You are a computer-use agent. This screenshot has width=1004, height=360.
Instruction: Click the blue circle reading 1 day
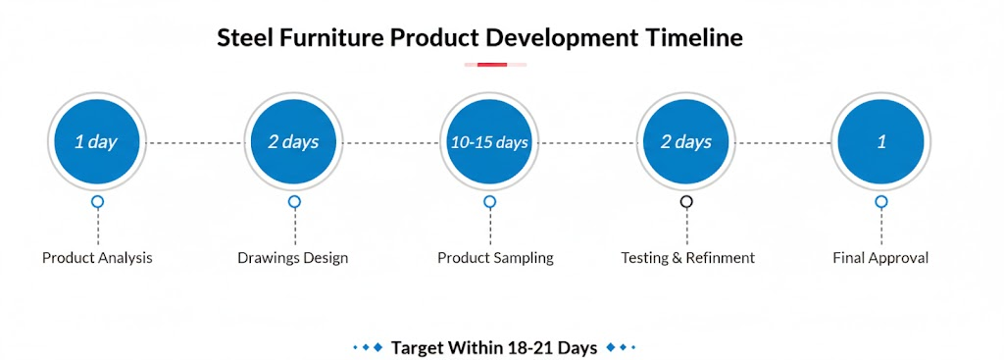pyautogui.click(x=97, y=141)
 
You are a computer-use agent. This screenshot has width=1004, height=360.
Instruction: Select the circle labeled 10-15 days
pyautogui.click(x=490, y=141)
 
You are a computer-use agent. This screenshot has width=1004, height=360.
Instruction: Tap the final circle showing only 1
pyautogui.click(x=881, y=141)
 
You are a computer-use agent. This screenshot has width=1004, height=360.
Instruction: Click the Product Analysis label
pyautogui.click(x=97, y=258)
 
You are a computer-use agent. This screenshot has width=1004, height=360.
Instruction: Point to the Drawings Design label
pyautogui.click(x=293, y=258)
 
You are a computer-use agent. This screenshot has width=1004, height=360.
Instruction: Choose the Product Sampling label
pyautogui.click(x=495, y=258)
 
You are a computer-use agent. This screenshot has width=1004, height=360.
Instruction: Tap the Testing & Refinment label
pyautogui.click(x=687, y=258)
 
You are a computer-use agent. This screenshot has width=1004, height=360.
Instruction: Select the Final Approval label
pyautogui.click(x=880, y=258)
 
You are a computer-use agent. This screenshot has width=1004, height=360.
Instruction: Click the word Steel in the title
pyautogui.click(x=241, y=38)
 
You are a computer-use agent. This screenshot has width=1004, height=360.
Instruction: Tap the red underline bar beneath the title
pyautogui.click(x=492, y=64)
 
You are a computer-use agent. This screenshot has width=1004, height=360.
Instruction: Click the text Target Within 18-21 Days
pyautogui.click(x=494, y=348)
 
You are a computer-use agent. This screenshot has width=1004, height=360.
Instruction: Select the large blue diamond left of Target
pyautogui.click(x=377, y=347)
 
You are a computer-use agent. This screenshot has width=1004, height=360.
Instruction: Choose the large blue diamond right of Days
pyautogui.click(x=611, y=347)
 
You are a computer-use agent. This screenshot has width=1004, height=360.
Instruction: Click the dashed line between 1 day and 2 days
pyautogui.click(x=195, y=143)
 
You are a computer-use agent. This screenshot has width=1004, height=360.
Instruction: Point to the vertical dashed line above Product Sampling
pyautogui.click(x=490, y=227)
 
